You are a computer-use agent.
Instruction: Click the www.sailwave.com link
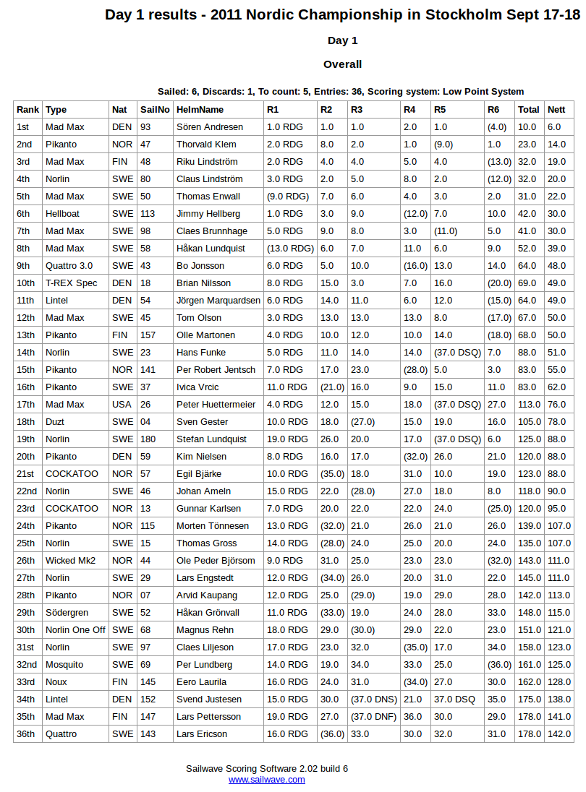point(266,780)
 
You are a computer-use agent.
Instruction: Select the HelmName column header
point(200,110)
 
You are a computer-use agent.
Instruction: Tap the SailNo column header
point(155,110)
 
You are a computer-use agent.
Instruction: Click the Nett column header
point(556,110)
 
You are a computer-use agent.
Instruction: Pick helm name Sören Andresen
point(210,127)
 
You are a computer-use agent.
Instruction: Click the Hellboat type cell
point(63,214)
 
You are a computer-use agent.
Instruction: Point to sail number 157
point(148,335)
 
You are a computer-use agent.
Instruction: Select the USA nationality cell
point(122,405)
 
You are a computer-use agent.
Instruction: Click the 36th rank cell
point(25,734)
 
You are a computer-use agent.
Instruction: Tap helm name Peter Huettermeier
point(216,405)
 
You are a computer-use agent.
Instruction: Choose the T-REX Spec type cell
point(71,283)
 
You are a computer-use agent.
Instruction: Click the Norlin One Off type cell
point(75,630)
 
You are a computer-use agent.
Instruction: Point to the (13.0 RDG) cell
point(290,249)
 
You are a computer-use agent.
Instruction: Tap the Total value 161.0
point(529,665)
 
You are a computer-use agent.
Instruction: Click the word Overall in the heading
point(342,64)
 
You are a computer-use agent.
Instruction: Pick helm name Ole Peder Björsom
point(216,561)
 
